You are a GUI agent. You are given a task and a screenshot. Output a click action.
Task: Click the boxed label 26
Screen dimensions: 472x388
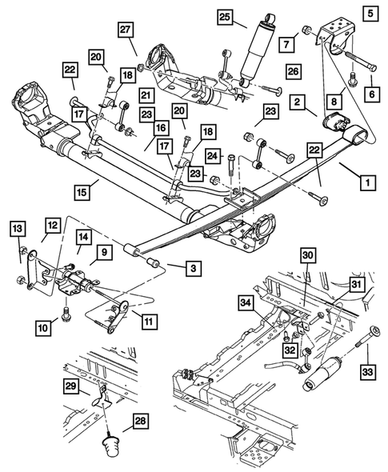(x=293, y=71)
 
